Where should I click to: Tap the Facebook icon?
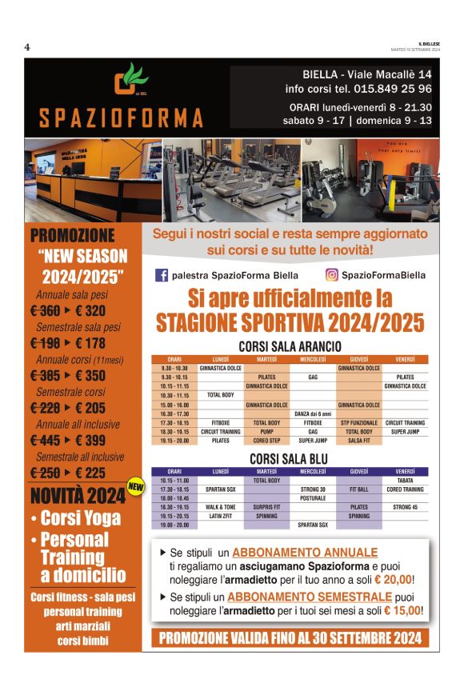[x=162, y=275]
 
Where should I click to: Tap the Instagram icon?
[x=331, y=275]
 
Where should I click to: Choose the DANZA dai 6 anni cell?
[x=313, y=413]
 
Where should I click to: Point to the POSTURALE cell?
[x=313, y=498]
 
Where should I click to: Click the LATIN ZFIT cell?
[x=220, y=516]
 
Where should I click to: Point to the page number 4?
[x=27, y=47]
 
